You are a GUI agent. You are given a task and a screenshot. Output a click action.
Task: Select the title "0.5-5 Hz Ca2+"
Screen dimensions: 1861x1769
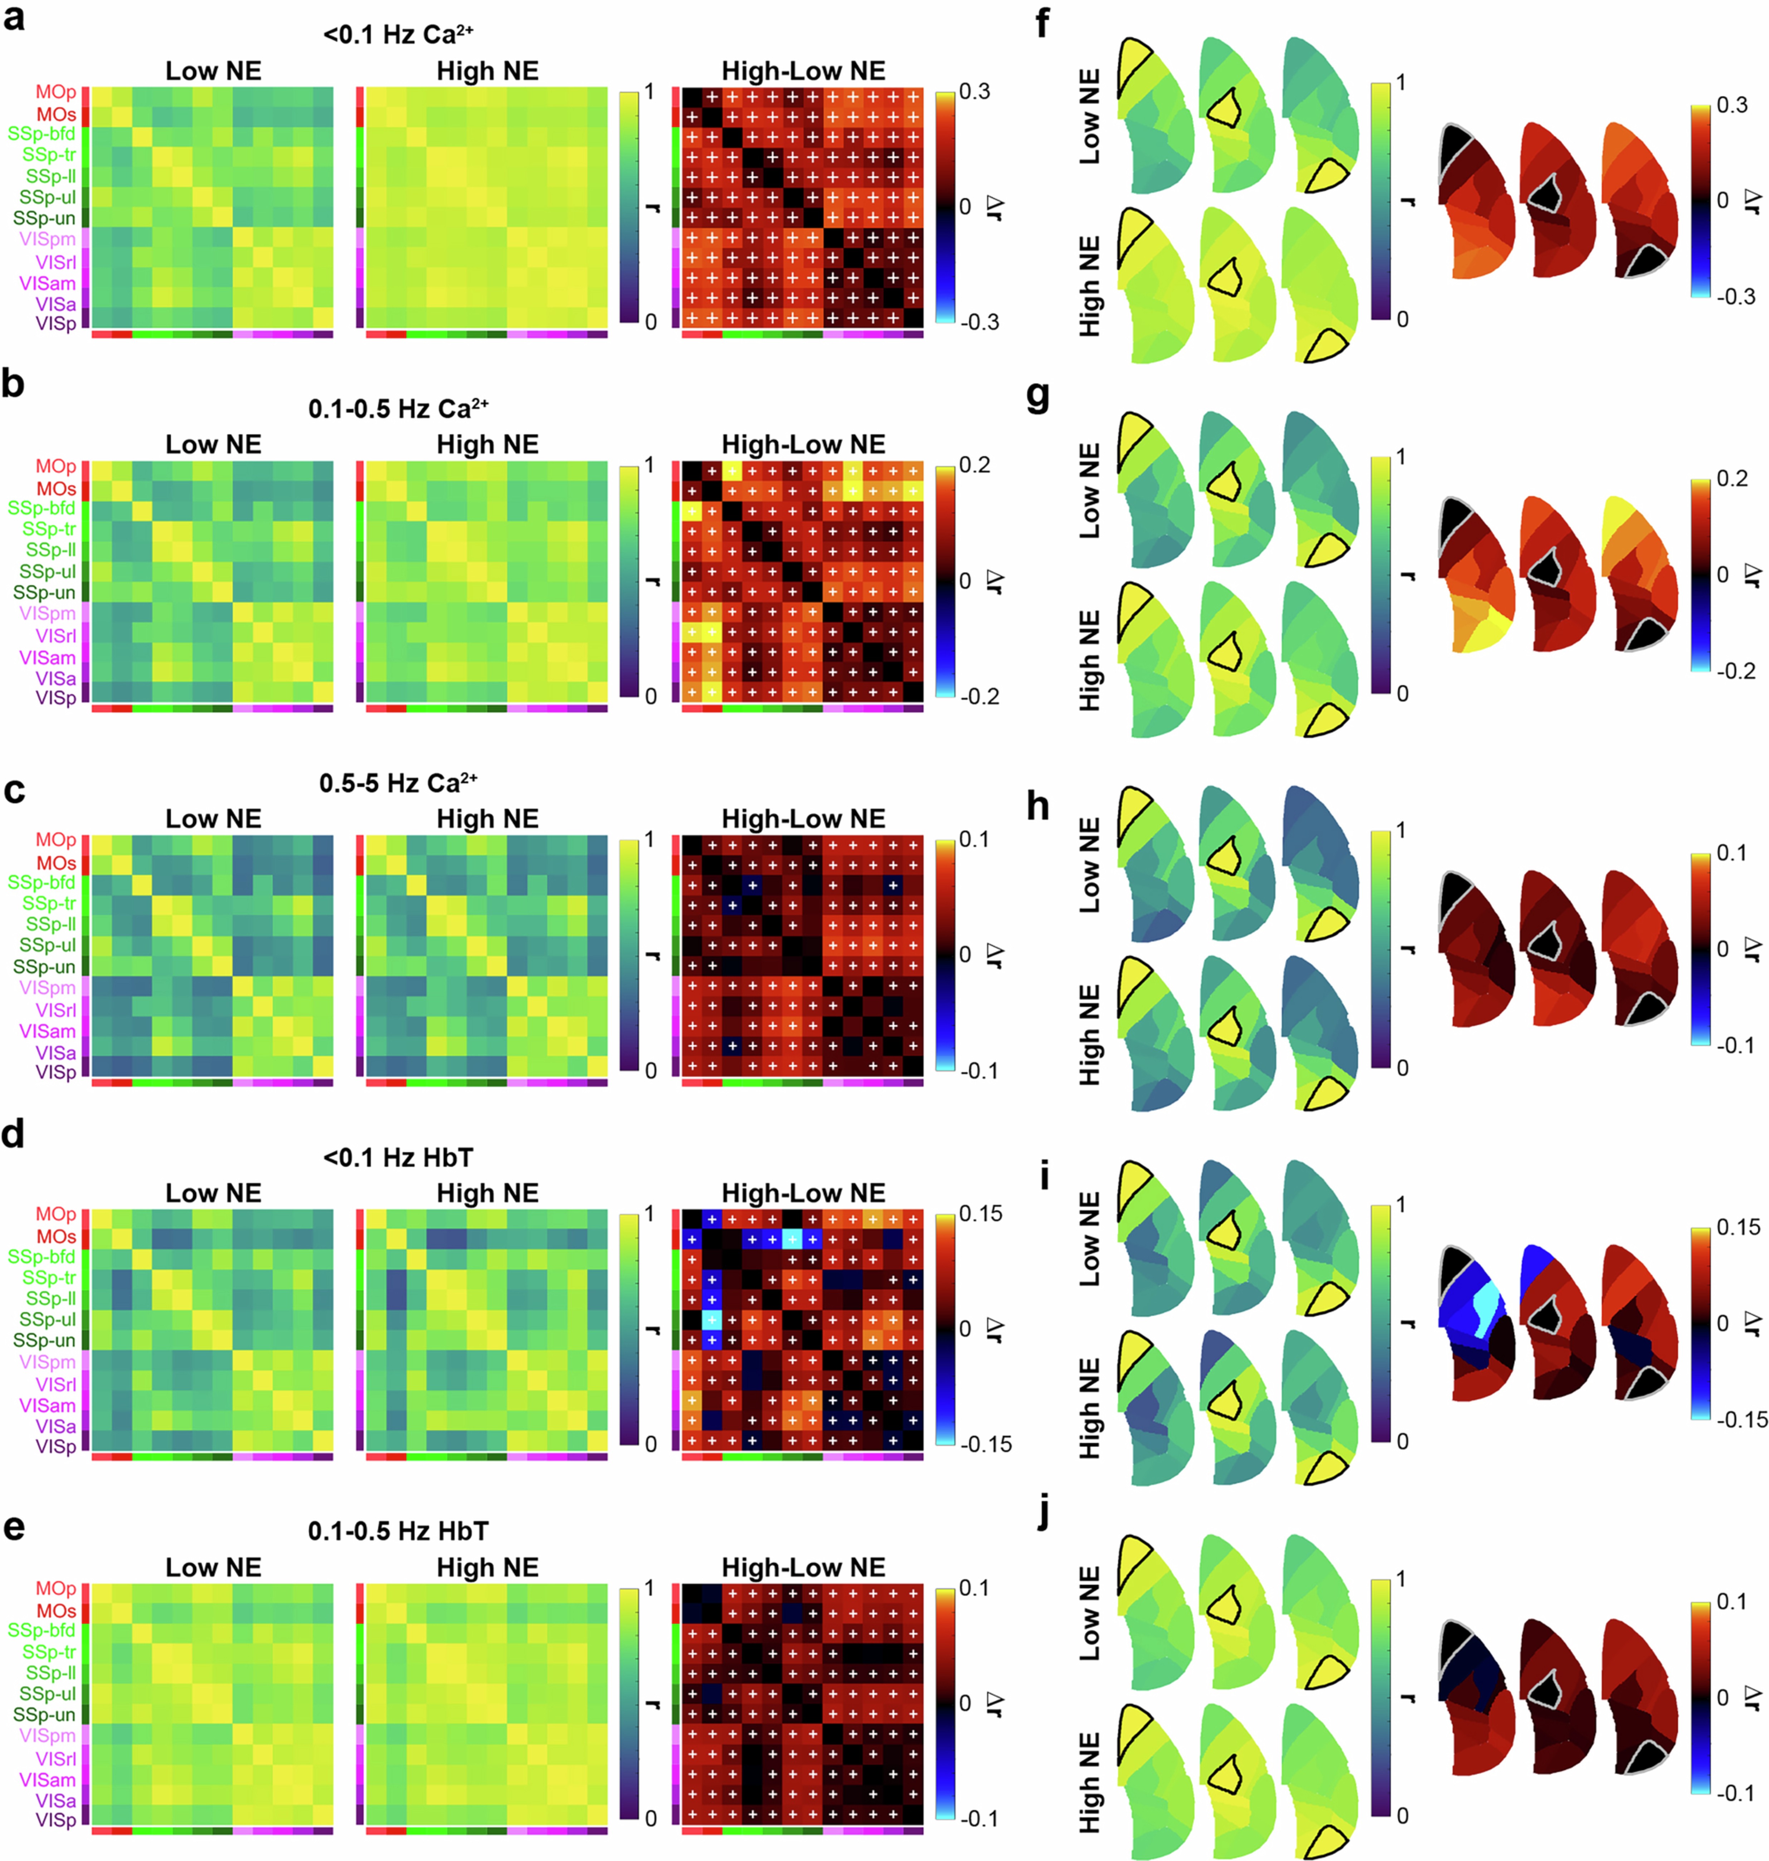tap(398, 783)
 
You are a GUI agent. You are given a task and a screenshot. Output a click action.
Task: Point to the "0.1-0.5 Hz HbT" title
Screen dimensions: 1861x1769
tap(398, 1531)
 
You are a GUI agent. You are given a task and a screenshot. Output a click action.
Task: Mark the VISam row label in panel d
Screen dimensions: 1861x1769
tap(47, 1405)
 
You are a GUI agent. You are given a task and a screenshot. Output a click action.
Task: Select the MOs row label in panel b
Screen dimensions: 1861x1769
tap(55, 488)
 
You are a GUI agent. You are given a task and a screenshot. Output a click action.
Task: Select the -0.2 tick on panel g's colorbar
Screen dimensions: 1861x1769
tap(1735, 671)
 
